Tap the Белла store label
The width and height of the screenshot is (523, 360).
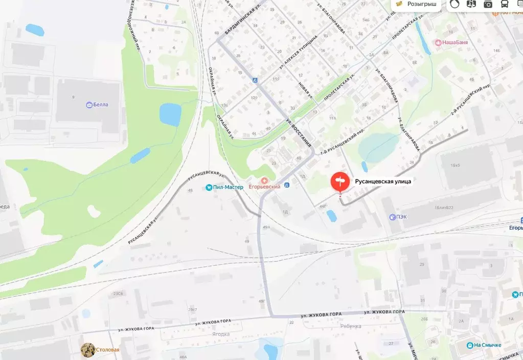point(101,105)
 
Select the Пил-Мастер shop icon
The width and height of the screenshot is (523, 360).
point(209,188)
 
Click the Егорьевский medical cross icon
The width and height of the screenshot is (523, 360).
point(264,180)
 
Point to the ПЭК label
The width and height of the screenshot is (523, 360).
point(401,217)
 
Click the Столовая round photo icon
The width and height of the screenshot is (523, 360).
point(88,350)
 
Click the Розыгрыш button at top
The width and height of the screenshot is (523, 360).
point(418,4)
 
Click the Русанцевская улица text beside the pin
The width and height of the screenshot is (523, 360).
point(383,181)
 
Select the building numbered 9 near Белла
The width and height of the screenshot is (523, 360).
point(73,97)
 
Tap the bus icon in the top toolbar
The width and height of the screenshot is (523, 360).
point(504,4)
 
